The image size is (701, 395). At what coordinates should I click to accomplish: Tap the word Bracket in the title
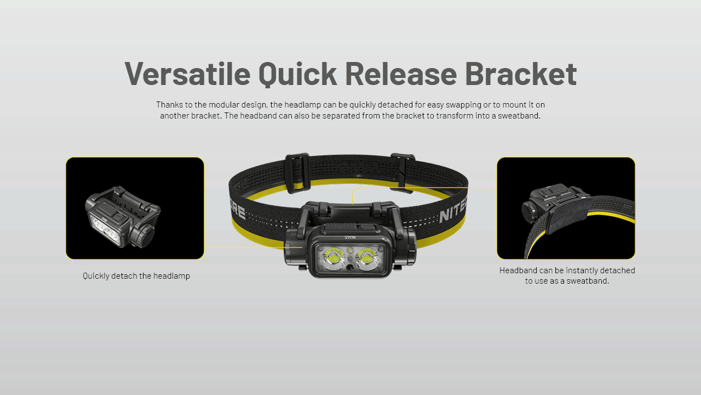tap(520, 74)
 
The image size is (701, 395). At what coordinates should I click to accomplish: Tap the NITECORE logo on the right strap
tap(452, 212)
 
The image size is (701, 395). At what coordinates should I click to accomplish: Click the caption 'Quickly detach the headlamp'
tap(136, 276)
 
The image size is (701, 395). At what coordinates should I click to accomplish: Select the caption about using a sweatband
tap(567, 275)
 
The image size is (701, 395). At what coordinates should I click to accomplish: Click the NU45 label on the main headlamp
tap(349, 237)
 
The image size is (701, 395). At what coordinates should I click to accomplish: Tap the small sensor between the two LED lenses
tap(349, 267)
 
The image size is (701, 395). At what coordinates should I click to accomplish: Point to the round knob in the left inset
tap(147, 236)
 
